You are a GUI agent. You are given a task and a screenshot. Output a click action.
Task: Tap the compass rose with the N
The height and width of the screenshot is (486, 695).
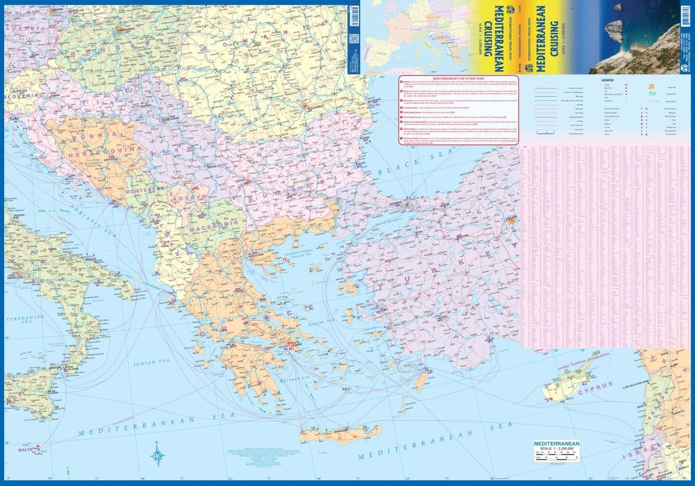(x=158, y=454)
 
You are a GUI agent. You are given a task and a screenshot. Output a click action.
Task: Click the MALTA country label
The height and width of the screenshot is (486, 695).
(x=26, y=449)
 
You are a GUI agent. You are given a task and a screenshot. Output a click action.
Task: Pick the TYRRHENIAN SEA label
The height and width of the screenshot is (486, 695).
(x=24, y=322)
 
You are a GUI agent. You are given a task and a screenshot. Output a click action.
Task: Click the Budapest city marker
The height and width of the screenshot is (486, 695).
(x=122, y=28)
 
